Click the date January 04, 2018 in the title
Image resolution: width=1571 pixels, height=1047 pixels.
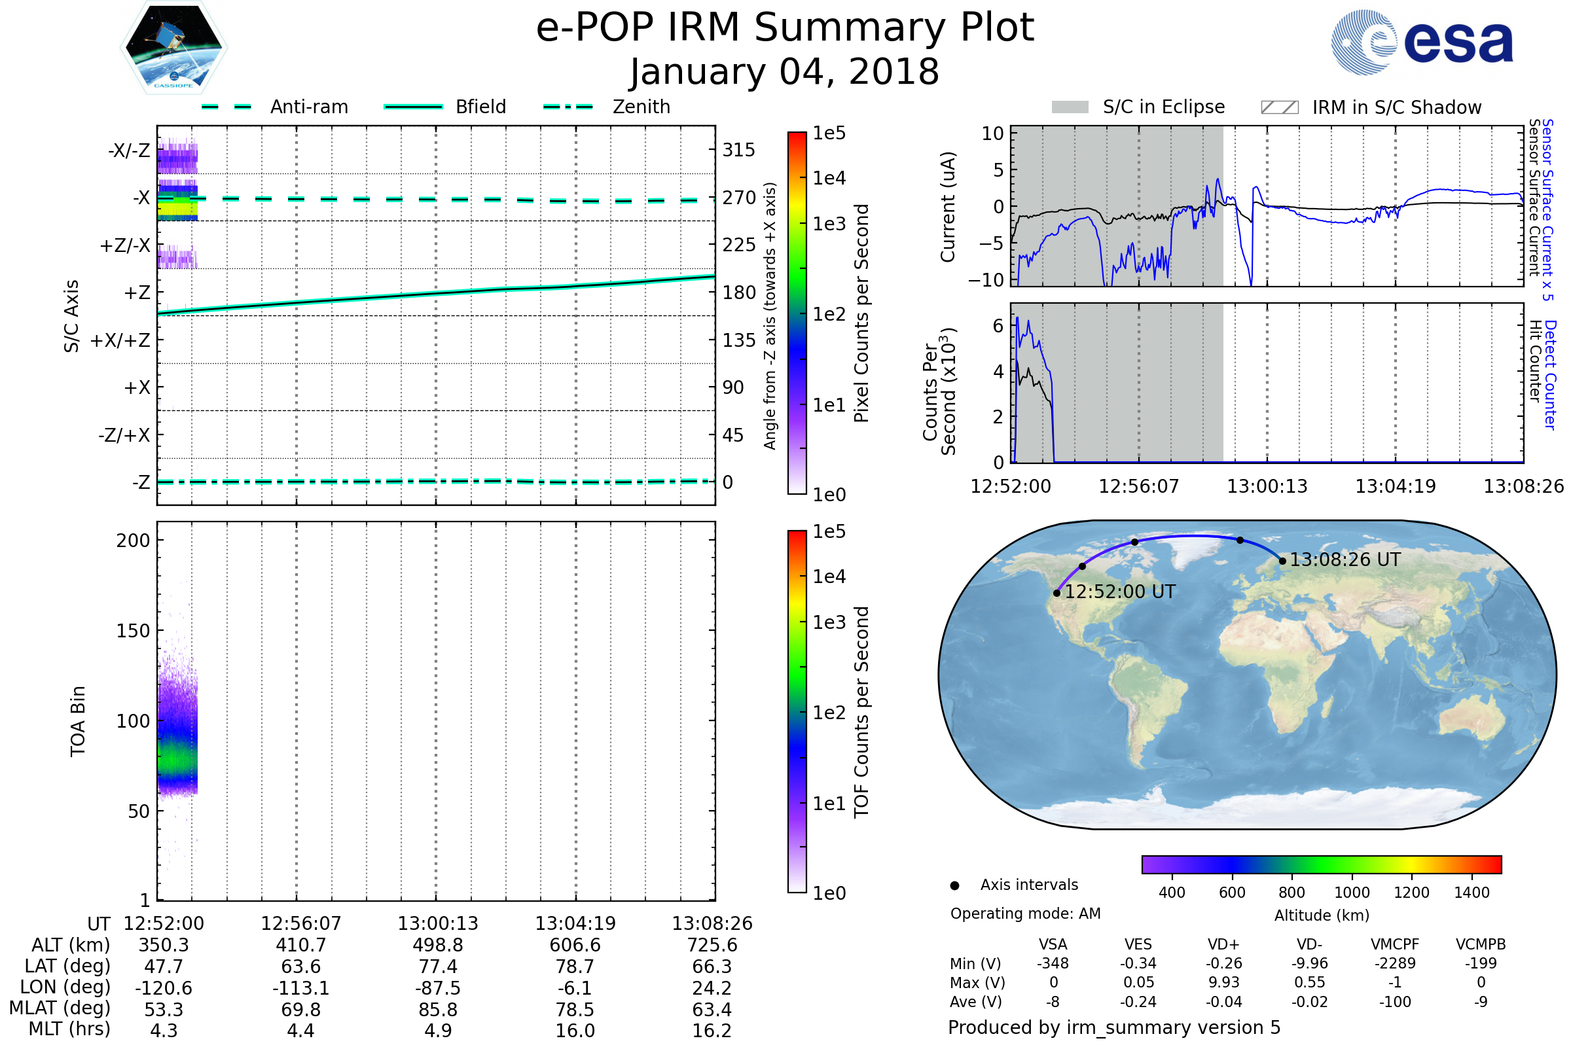(784, 72)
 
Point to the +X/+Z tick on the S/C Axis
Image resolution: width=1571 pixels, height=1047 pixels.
(120, 340)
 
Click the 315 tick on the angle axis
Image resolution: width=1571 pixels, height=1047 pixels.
(739, 150)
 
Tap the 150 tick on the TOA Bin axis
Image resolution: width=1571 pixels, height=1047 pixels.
(133, 630)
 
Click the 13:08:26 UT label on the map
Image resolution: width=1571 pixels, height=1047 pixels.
(1345, 559)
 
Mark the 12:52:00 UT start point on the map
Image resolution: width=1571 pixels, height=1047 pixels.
(1056, 593)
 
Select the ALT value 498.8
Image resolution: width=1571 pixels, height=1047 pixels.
(438, 945)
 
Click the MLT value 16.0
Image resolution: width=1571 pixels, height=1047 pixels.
(575, 1030)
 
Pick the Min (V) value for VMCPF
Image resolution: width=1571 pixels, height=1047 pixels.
(1395, 963)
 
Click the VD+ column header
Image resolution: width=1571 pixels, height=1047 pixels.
(1223, 944)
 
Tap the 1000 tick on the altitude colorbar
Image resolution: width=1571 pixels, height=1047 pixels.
(1352, 893)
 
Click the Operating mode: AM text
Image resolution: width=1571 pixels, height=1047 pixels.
(1025, 914)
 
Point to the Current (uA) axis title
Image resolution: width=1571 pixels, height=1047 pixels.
(948, 207)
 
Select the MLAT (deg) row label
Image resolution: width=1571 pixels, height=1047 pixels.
(60, 1008)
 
